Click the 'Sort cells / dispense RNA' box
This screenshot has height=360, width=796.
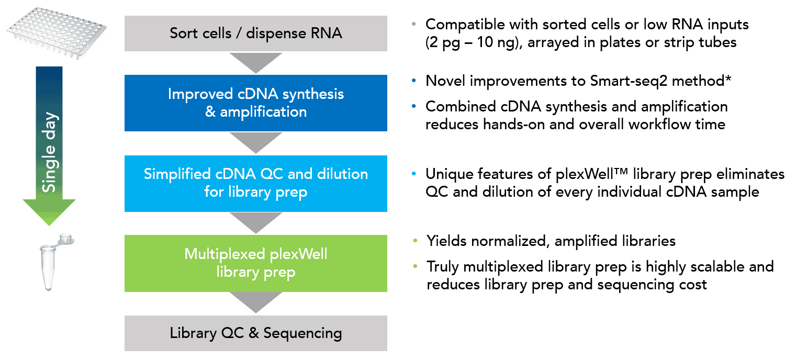click(255, 33)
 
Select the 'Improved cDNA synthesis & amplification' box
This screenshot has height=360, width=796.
click(255, 103)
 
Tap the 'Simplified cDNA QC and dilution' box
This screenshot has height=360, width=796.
click(255, 183)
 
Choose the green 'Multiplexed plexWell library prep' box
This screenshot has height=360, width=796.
click(255, 263)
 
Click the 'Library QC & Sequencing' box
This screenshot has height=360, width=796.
click(255, 333)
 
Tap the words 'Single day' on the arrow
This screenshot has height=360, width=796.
click(49, 152)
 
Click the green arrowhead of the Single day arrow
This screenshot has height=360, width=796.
click(49, 212)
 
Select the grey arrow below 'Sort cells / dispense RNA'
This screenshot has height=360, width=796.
click(255, 62)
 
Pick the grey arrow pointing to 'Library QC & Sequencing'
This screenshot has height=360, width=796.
click(255, 302)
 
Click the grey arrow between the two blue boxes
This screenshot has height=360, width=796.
click(255, 142)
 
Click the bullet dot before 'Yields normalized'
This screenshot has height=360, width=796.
click(415, 241)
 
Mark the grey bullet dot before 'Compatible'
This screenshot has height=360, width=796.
click(413, 24)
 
